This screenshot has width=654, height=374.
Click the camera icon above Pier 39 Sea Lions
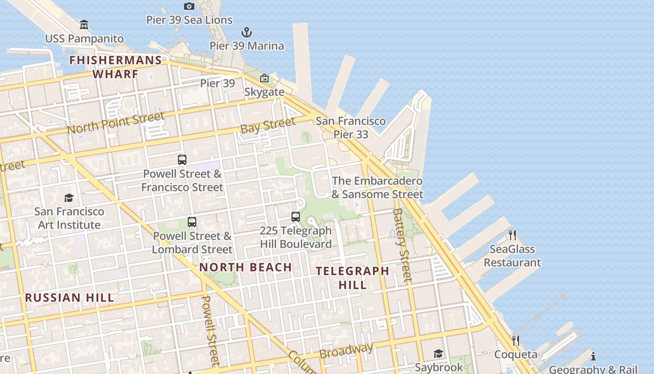(189, 6)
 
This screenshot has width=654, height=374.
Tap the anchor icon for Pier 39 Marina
(246, 32)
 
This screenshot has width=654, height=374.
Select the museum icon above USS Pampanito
(84, 24)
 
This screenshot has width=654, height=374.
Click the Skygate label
(264, 92)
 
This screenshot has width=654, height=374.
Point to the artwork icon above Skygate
(264, 78)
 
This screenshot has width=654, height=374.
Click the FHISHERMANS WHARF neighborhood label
(115, 67)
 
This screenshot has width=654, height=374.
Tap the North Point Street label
(115, 123)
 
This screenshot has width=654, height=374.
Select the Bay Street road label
(268, 125)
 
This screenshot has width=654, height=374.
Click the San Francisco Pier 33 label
(351, 128)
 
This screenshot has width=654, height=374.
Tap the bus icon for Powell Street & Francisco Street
(182, 160)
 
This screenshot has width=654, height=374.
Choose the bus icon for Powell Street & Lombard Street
(192, 222)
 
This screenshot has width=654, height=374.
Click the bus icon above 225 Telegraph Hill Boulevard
(296, 217)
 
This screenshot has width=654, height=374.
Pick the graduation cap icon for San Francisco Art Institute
(69, 198)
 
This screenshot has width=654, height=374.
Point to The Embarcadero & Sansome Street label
(377, 187)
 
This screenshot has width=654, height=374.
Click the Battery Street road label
(403, 245)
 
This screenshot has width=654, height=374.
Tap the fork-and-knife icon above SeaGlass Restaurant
(512, 235)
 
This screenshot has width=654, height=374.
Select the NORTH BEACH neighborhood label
(246, 267)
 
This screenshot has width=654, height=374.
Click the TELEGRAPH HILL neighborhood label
(352, 278)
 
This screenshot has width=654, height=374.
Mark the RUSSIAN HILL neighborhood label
(70, 298)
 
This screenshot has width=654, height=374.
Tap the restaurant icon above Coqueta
(516, 340)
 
